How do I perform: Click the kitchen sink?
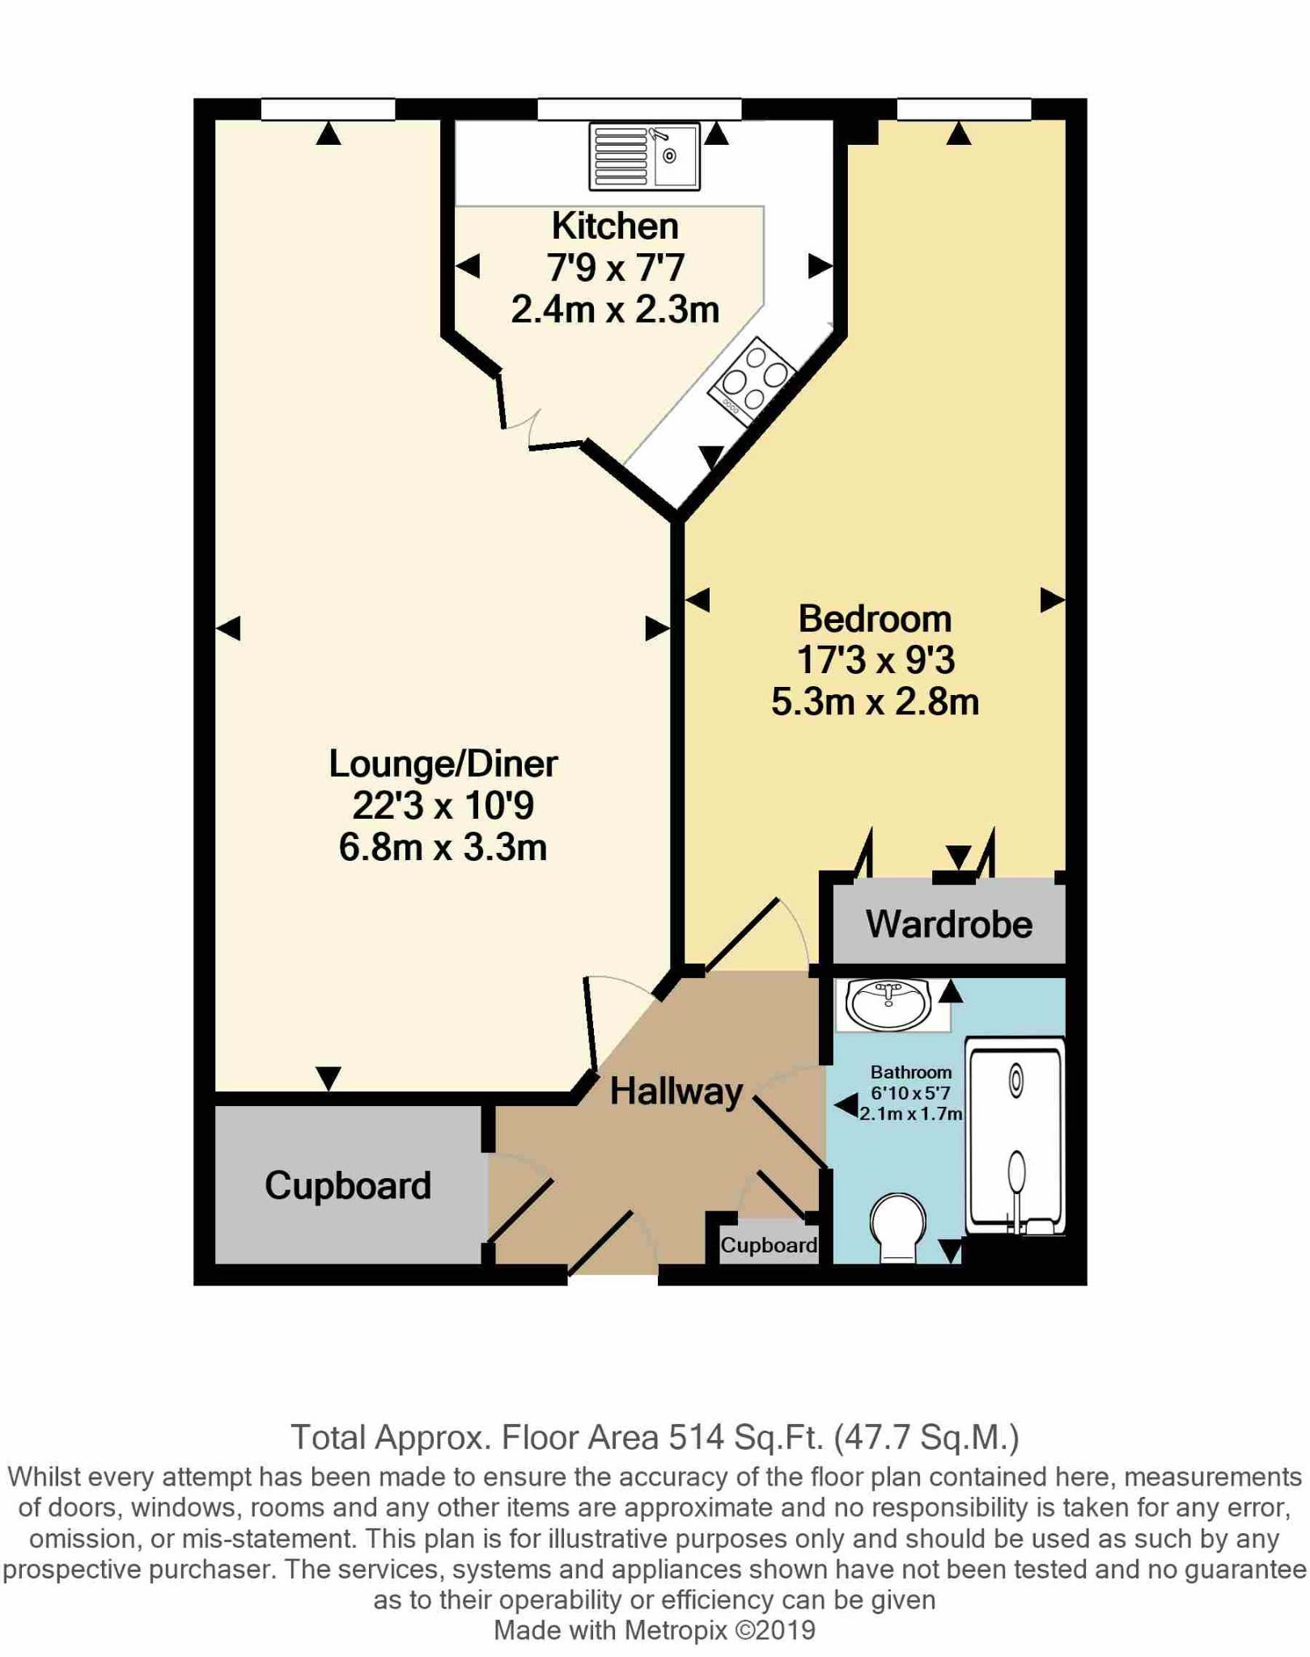(x=644, y=156)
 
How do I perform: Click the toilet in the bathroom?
(x=897, y=1227)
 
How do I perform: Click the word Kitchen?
(x=615, y=226)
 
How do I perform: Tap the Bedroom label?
(x=875, y=619)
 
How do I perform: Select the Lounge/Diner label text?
(x=443, y=764)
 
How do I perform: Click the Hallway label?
(x=676, y=1091)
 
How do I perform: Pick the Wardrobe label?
(x=949, y=924)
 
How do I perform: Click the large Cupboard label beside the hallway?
(x=348, y=1186)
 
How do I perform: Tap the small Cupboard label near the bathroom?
(x=769, y=1245)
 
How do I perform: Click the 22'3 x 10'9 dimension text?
(x=443, y=806)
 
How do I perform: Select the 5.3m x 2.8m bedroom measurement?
(x=875, y=701)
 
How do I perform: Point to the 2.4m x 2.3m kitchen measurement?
(x=615, y=309)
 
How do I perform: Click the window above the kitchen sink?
(x=639, y=109)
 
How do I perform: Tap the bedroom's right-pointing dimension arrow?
(x=1052, y=600)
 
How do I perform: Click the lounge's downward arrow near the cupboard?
(x=329, y=1079)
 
